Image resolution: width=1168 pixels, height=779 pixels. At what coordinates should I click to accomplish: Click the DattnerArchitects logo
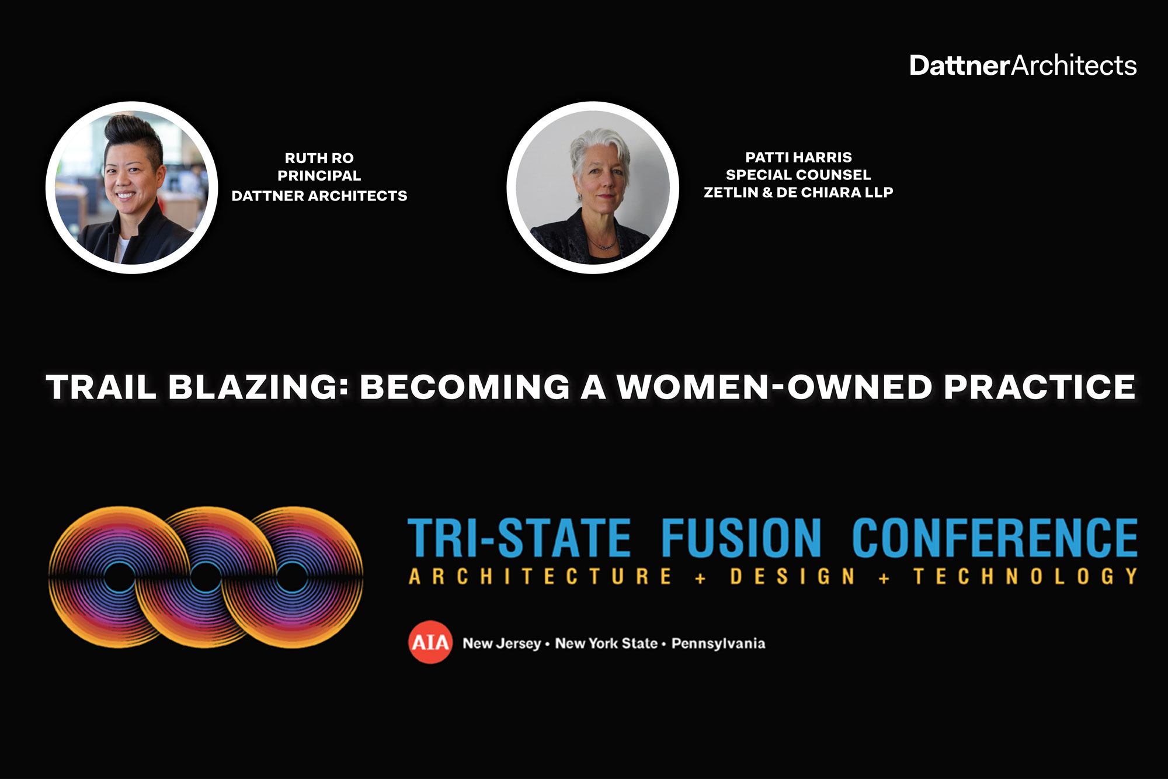pyautogui.click(x=1023, y=65)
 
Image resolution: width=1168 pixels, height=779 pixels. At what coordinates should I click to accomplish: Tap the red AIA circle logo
pyautogui.click(x=430, y=643)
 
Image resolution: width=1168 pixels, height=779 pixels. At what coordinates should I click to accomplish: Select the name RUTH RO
pyautogui.click(x=319, y=158)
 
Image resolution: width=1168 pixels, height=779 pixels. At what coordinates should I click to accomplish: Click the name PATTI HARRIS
pyautogui.click(x=798, y=157)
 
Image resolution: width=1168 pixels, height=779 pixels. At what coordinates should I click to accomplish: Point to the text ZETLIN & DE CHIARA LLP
pyautogui.click(x=798, y=192)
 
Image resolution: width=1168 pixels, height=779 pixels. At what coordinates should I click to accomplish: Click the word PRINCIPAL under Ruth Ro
pyautogui.click(x=319, y=175)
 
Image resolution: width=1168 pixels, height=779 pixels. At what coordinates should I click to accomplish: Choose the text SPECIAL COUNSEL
pyautogui.click(x=798, y=175)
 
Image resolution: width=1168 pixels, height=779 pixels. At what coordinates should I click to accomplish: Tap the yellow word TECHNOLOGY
pyautogui.click(x=1026, y=576)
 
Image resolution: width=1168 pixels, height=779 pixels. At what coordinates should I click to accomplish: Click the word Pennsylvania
pyautogui.click(x=718, y=643)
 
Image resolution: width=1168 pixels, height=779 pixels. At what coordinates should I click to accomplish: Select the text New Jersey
pyautogui.click(x=502, y=643)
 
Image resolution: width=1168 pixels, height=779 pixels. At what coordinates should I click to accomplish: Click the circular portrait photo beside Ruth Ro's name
pyautogui.click(x=132, y=187)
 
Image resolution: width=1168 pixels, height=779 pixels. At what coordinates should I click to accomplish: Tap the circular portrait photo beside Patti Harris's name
pyautogui.click(x=592, y=187)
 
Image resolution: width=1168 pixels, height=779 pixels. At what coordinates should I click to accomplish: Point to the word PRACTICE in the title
pyautogui.click(x=1039, y=386)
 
